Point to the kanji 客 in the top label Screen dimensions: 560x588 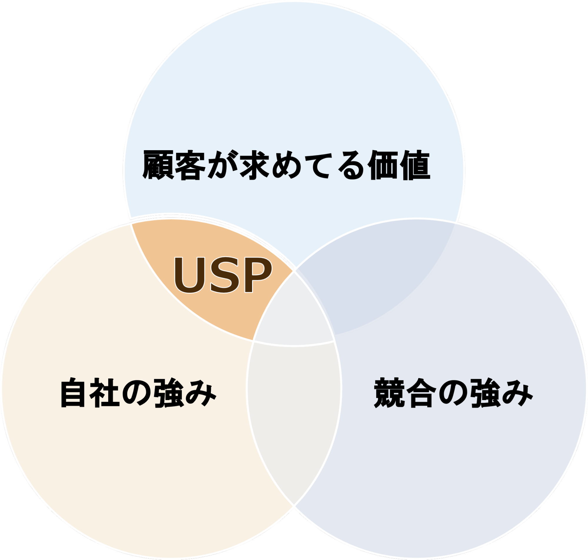click(190, 165)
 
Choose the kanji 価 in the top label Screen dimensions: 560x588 click(383, 165)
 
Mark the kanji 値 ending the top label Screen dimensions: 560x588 click(415, 165)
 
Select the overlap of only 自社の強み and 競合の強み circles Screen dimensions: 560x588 click(294, 418)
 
